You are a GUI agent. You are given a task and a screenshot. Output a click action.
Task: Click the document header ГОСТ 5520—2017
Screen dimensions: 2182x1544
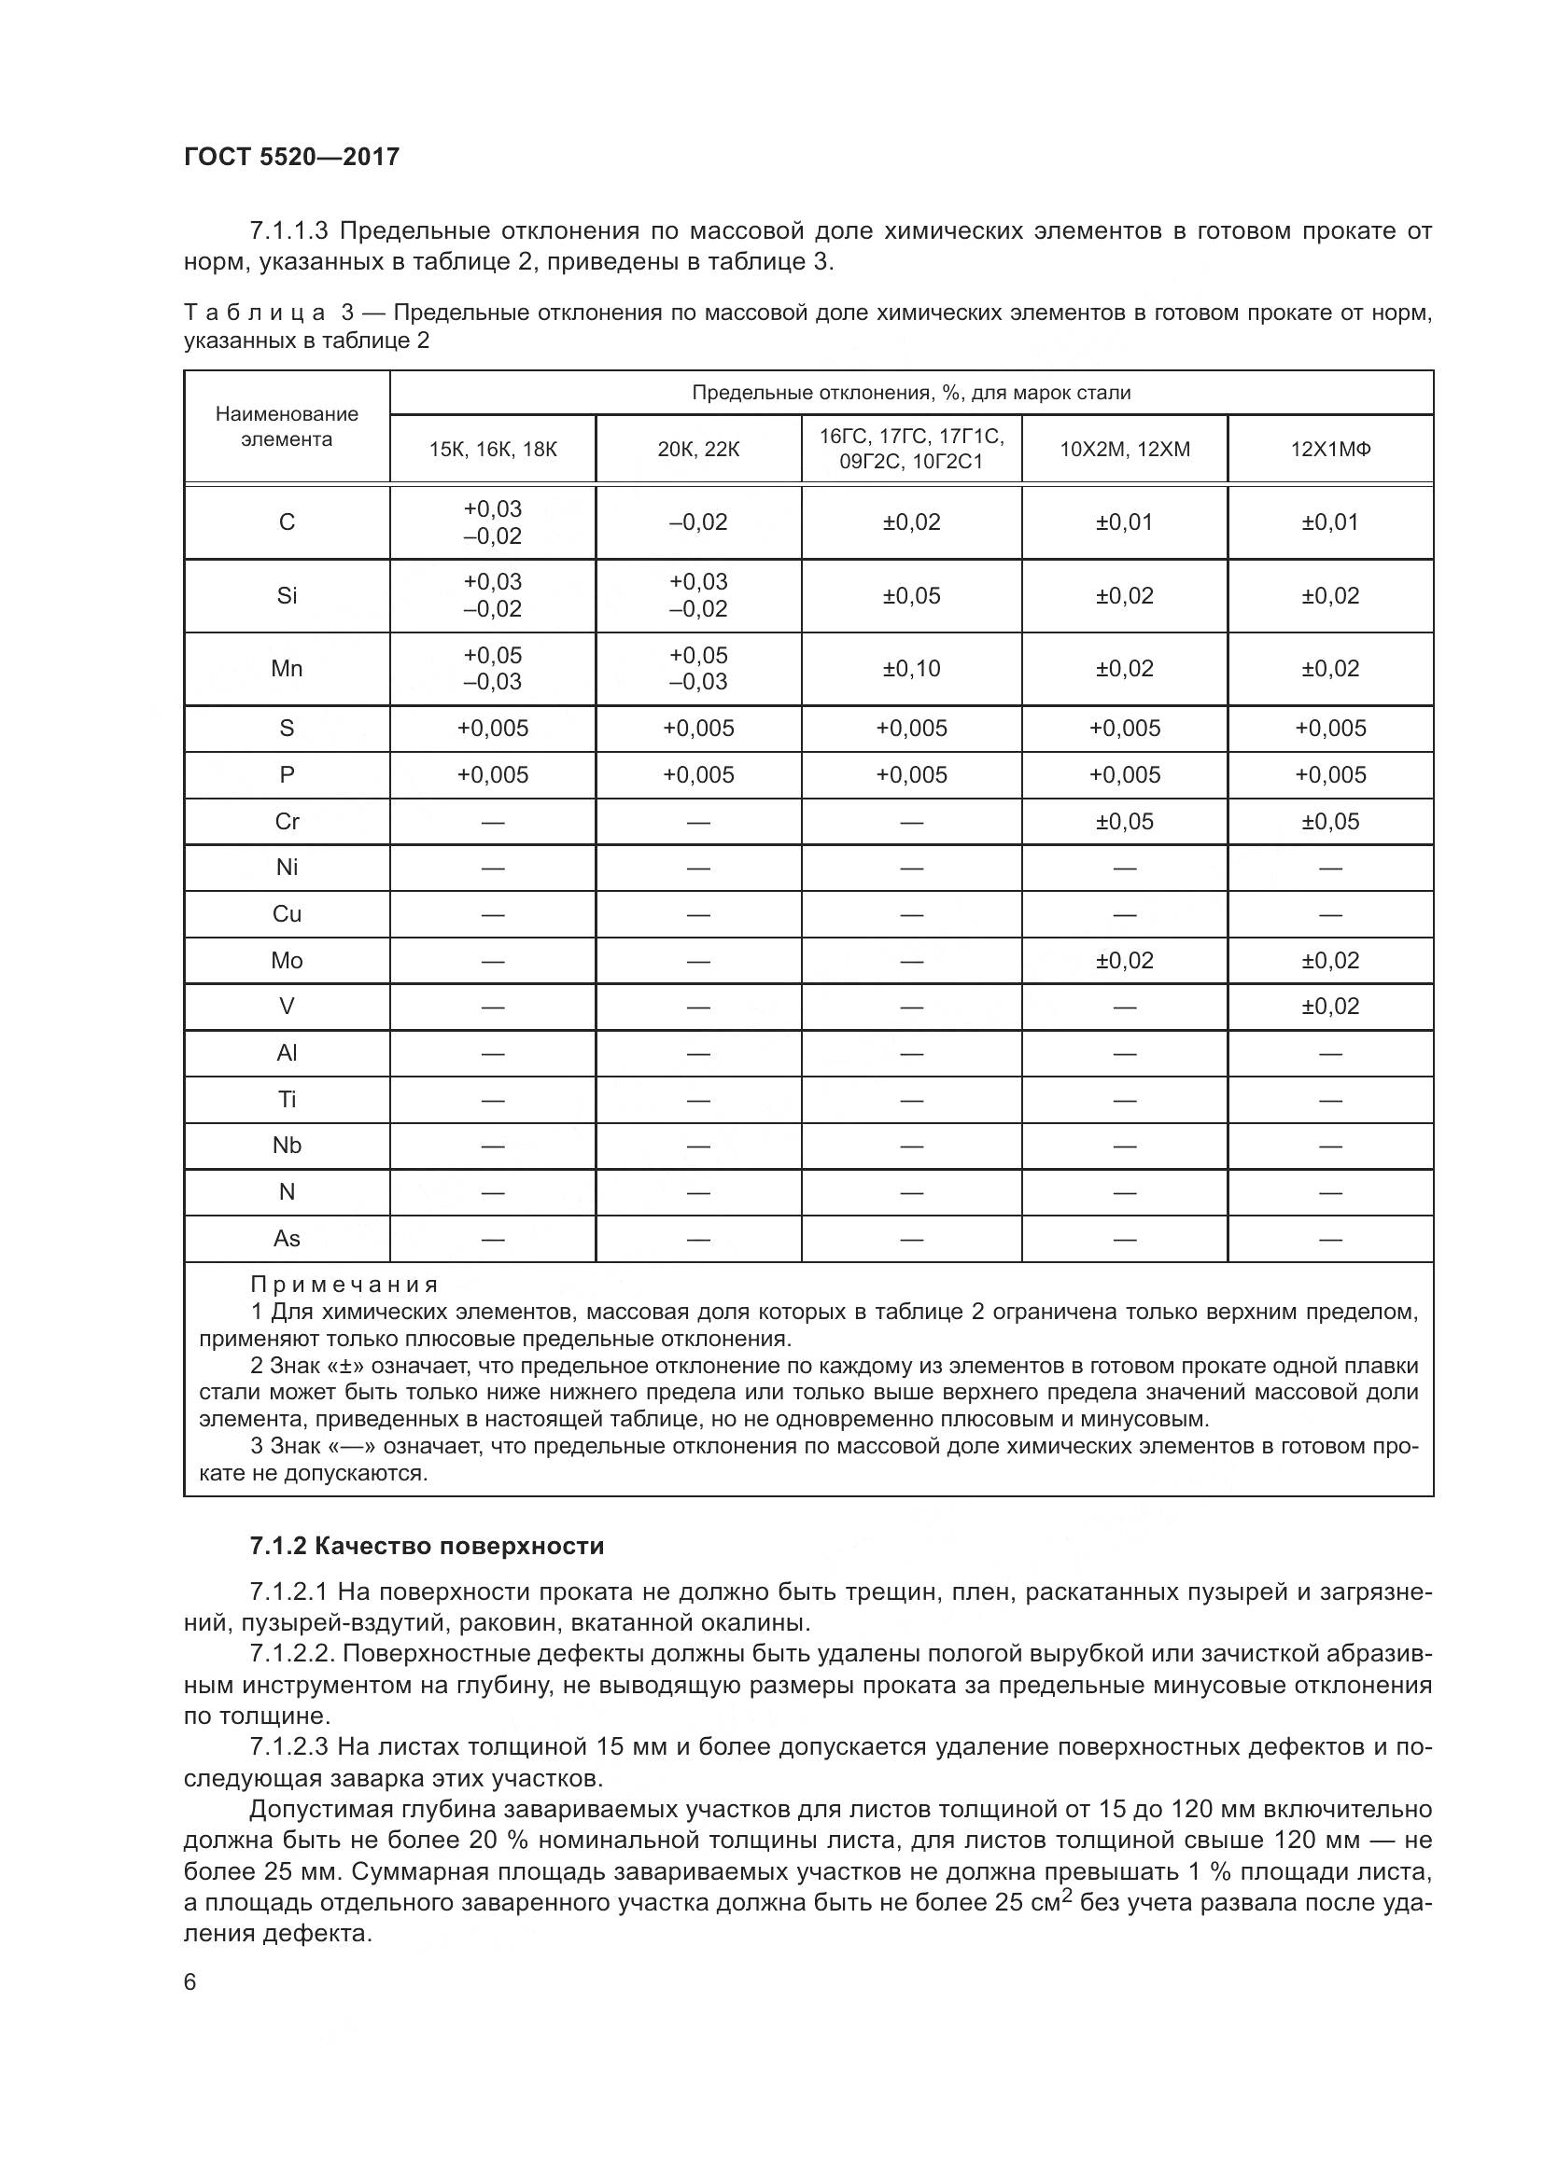[291, 157]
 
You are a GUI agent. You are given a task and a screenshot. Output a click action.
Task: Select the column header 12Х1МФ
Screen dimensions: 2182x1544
[1330, 450]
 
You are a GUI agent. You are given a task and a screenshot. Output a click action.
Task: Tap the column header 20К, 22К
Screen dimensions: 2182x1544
[698, 450]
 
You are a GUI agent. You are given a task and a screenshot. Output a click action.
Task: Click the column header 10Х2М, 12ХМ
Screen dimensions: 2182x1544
[1125, 450]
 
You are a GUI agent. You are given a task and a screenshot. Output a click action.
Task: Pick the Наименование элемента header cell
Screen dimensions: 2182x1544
[287, 426]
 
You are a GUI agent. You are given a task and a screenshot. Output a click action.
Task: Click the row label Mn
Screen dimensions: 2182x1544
[287, 669]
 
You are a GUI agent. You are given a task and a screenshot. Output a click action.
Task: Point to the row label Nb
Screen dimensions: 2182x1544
[287, 1147]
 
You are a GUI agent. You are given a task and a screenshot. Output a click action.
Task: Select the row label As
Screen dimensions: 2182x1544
[287, 1239]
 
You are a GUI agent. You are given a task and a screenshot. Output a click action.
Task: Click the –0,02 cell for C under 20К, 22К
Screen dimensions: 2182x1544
[698, 522]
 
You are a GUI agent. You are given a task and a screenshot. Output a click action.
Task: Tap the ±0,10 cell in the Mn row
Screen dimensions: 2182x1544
[911, 669]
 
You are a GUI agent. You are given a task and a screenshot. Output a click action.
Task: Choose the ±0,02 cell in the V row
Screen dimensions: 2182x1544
[1330, 1007]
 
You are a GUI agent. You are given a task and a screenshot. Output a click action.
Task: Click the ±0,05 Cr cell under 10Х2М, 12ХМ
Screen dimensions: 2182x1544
[1125, 822]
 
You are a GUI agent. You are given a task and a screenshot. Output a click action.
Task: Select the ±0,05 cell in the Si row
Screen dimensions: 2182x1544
[911, 596]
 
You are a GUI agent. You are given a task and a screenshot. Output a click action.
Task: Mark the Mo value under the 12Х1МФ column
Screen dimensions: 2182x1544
[1330, 961]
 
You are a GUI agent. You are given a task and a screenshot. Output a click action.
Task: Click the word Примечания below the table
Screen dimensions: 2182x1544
[344, 1285]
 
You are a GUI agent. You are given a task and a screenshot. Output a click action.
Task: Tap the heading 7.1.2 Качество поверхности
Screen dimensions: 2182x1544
[427, 1546]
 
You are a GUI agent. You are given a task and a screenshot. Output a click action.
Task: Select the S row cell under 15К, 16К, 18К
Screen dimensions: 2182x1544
[493, 729]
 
